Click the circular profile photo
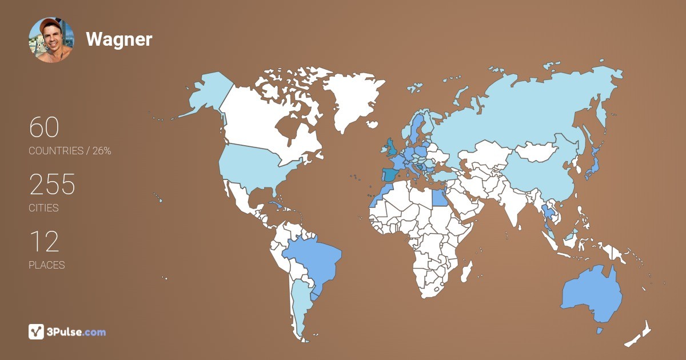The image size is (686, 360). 51,40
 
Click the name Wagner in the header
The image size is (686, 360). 119,39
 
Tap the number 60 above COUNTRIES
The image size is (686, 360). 44,127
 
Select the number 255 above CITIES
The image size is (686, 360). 52,185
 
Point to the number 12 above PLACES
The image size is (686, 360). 44,242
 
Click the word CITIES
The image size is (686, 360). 44,208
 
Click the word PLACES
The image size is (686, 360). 47,265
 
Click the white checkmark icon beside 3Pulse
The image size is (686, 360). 36,332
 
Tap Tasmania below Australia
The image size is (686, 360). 600,331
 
